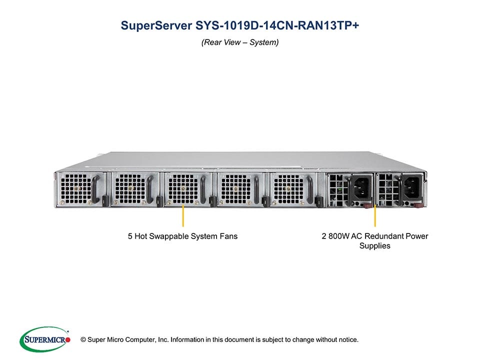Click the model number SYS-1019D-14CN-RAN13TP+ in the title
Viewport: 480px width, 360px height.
click(277, 26)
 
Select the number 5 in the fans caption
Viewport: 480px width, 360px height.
click(130, 236)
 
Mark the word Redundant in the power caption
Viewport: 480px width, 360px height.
click(387, 236)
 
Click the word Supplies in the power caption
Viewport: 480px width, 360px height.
click(375, 246)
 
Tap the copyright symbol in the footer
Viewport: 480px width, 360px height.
click(76, 340)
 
